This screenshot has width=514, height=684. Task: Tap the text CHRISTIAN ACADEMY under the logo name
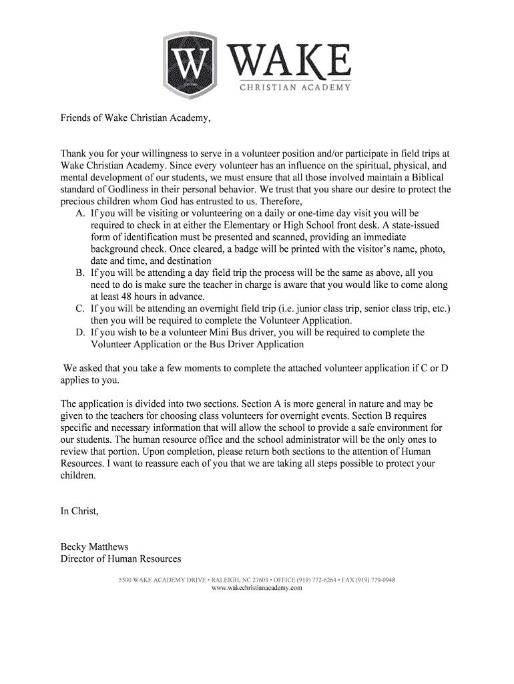click(x=294, y=88)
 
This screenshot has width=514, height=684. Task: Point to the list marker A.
click(x=80, y=214)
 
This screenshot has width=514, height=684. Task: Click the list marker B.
click(x=80, y=273)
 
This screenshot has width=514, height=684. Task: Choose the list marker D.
click(x=80, y=332)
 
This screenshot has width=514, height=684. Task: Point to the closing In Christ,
click(x=79, y=511)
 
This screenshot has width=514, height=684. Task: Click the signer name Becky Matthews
click(x=95, y=547)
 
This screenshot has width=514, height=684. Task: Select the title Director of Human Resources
click(x=121, y=559)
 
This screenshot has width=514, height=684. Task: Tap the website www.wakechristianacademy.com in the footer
click(x=257, y=588)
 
